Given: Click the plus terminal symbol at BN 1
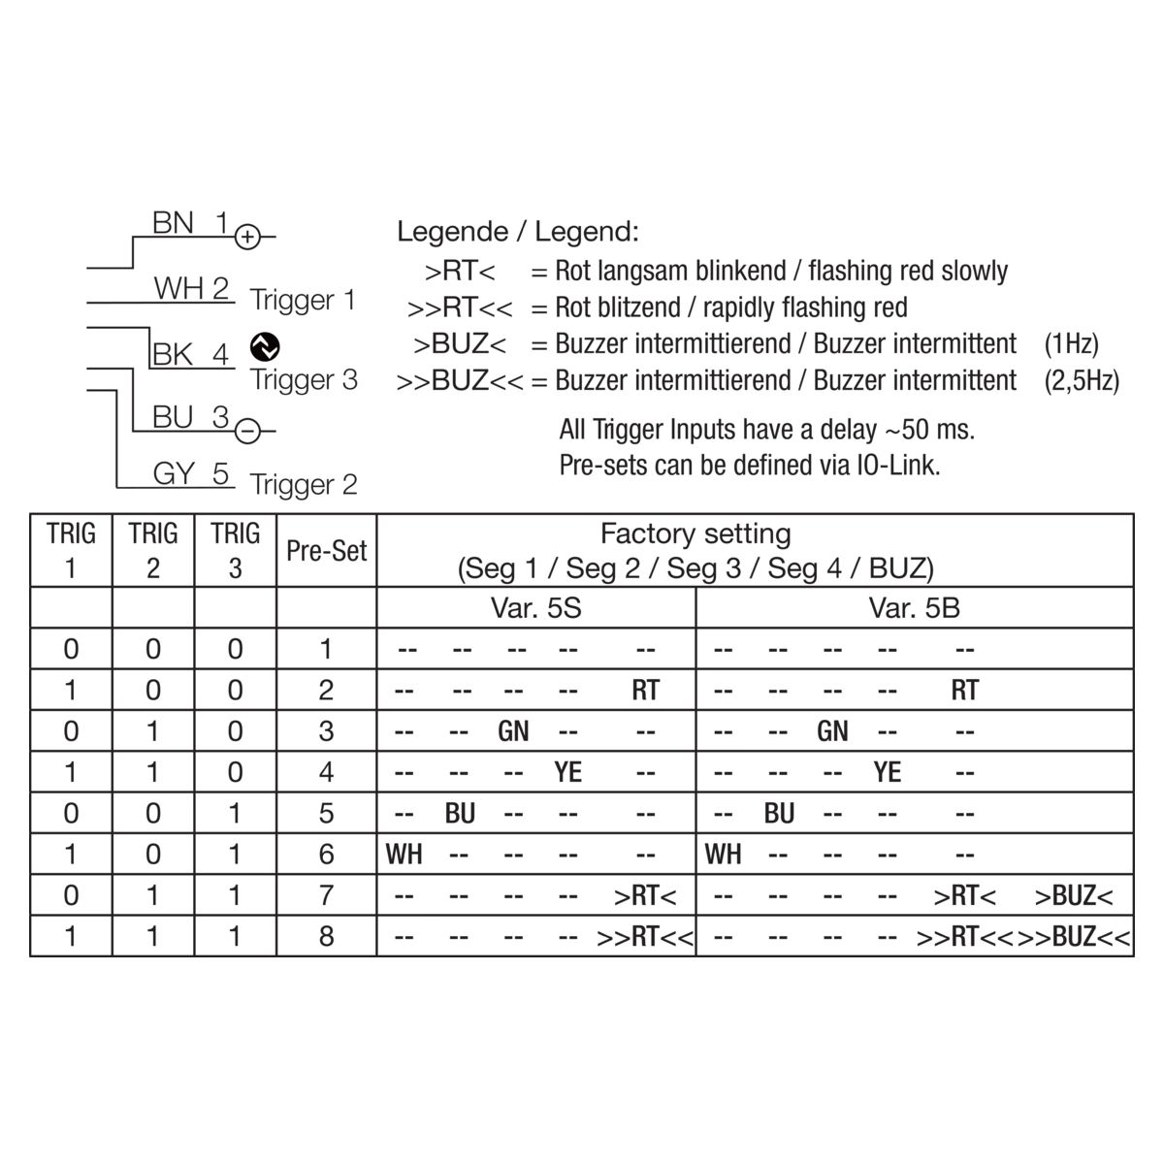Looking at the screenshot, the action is [x=247, y=237].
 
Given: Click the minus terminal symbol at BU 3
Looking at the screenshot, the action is [x=247, y=432].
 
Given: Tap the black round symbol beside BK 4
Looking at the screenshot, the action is [x=265, y=346].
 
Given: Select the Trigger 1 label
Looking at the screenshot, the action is [x=303, y=301].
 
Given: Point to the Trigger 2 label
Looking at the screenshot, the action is [x=304, y=485].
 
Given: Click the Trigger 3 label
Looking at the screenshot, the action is [x=304, y=380].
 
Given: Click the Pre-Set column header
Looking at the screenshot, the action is [x=326, y=551].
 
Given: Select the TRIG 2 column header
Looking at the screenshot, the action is [x=153, y=551].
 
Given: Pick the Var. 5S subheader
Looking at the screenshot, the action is [x=535, y=607].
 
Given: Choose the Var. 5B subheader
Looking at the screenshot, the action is [x=914, y=607].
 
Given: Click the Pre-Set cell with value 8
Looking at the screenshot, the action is [x=326, y=936].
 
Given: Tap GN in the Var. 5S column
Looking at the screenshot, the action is [x=513, y=731].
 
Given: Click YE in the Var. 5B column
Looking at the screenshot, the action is [x=888, y=772].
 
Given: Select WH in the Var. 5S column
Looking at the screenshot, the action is [x=404, y=855].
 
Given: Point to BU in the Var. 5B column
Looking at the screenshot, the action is [x=779, y=814].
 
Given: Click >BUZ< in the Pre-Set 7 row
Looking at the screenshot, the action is [x=1074, y=896].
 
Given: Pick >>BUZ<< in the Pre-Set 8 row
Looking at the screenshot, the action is [x=1074, y=937].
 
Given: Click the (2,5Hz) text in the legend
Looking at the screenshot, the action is [x=1082, y=381].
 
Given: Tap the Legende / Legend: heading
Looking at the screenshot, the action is [x=518, y=232].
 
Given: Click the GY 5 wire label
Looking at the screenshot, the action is [x=191, y=473].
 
